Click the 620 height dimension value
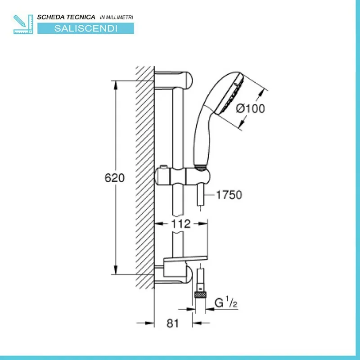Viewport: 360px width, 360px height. click(115, 178)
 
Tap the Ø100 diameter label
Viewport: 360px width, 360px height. click(251, 108)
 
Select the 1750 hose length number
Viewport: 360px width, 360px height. click(229, 195)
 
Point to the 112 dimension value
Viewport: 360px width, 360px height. click(181, 224)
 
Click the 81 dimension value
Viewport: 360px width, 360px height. click(173, 323)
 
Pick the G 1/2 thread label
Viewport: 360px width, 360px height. click(226, 302)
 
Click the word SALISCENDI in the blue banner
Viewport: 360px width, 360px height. click(86, 28)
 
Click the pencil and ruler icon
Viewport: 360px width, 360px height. click(23, 24)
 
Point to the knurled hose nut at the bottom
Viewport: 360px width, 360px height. click(200, 295)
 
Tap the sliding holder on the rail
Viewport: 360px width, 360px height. click(183, 176)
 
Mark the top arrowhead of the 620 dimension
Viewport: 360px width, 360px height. click(116, 85)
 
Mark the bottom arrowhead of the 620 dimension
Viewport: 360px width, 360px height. click(116, 270)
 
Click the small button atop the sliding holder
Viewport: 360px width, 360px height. click(163, 167)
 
